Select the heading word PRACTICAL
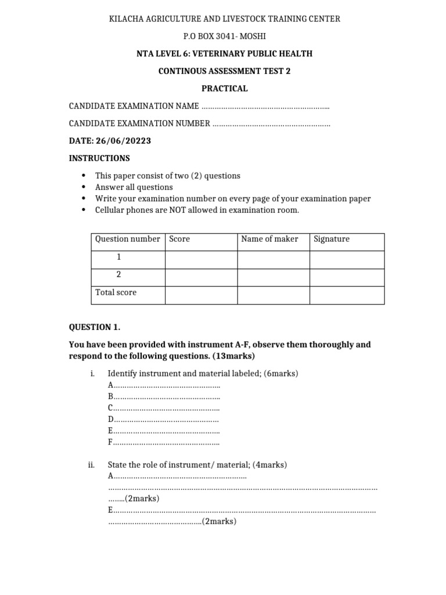[x=224, y=88]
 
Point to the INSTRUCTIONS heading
[x=99, y=158]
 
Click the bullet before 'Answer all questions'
[x=84, y=187]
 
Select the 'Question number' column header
[x=127, y=239]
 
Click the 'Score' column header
[x=179, y=239]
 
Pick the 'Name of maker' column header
[x=269, y=239]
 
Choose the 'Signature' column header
[x=332, y=239]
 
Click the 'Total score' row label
[x=116, y=292]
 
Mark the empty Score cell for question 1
[x=201, y=260]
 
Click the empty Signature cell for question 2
[x=347, y=277]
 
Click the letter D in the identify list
[x=111, y=419]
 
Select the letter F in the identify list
[x=110, y=442]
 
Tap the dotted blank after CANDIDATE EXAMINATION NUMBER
[x=271, y=124]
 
